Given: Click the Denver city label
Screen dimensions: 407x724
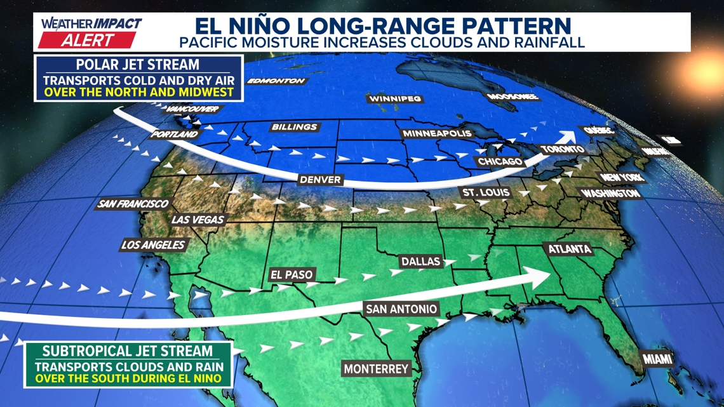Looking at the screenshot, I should click(321, 180).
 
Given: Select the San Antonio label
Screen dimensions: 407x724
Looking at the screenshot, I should click(401, 309).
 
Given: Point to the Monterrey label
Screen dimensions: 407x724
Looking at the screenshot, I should click(376, 368).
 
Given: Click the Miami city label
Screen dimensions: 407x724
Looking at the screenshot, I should click(657, 359).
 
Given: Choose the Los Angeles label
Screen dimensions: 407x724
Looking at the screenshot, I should click(153, 245).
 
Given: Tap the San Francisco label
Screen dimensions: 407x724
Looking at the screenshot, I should click(133, 204).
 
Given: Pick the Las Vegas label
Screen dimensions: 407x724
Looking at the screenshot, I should click(198, 220).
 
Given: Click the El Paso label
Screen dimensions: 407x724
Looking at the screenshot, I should click(292, 276).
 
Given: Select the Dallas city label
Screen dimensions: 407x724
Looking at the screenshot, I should click(420, 261).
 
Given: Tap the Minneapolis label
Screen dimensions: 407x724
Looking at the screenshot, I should click(438, 134).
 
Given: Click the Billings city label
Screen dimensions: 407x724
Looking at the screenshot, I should click(294, 127).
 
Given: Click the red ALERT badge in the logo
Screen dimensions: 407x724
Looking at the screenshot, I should click(87, 40).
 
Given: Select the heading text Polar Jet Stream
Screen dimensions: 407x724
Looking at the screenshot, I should click(138, 65).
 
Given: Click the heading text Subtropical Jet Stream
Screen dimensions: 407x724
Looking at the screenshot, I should click(128, 352).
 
